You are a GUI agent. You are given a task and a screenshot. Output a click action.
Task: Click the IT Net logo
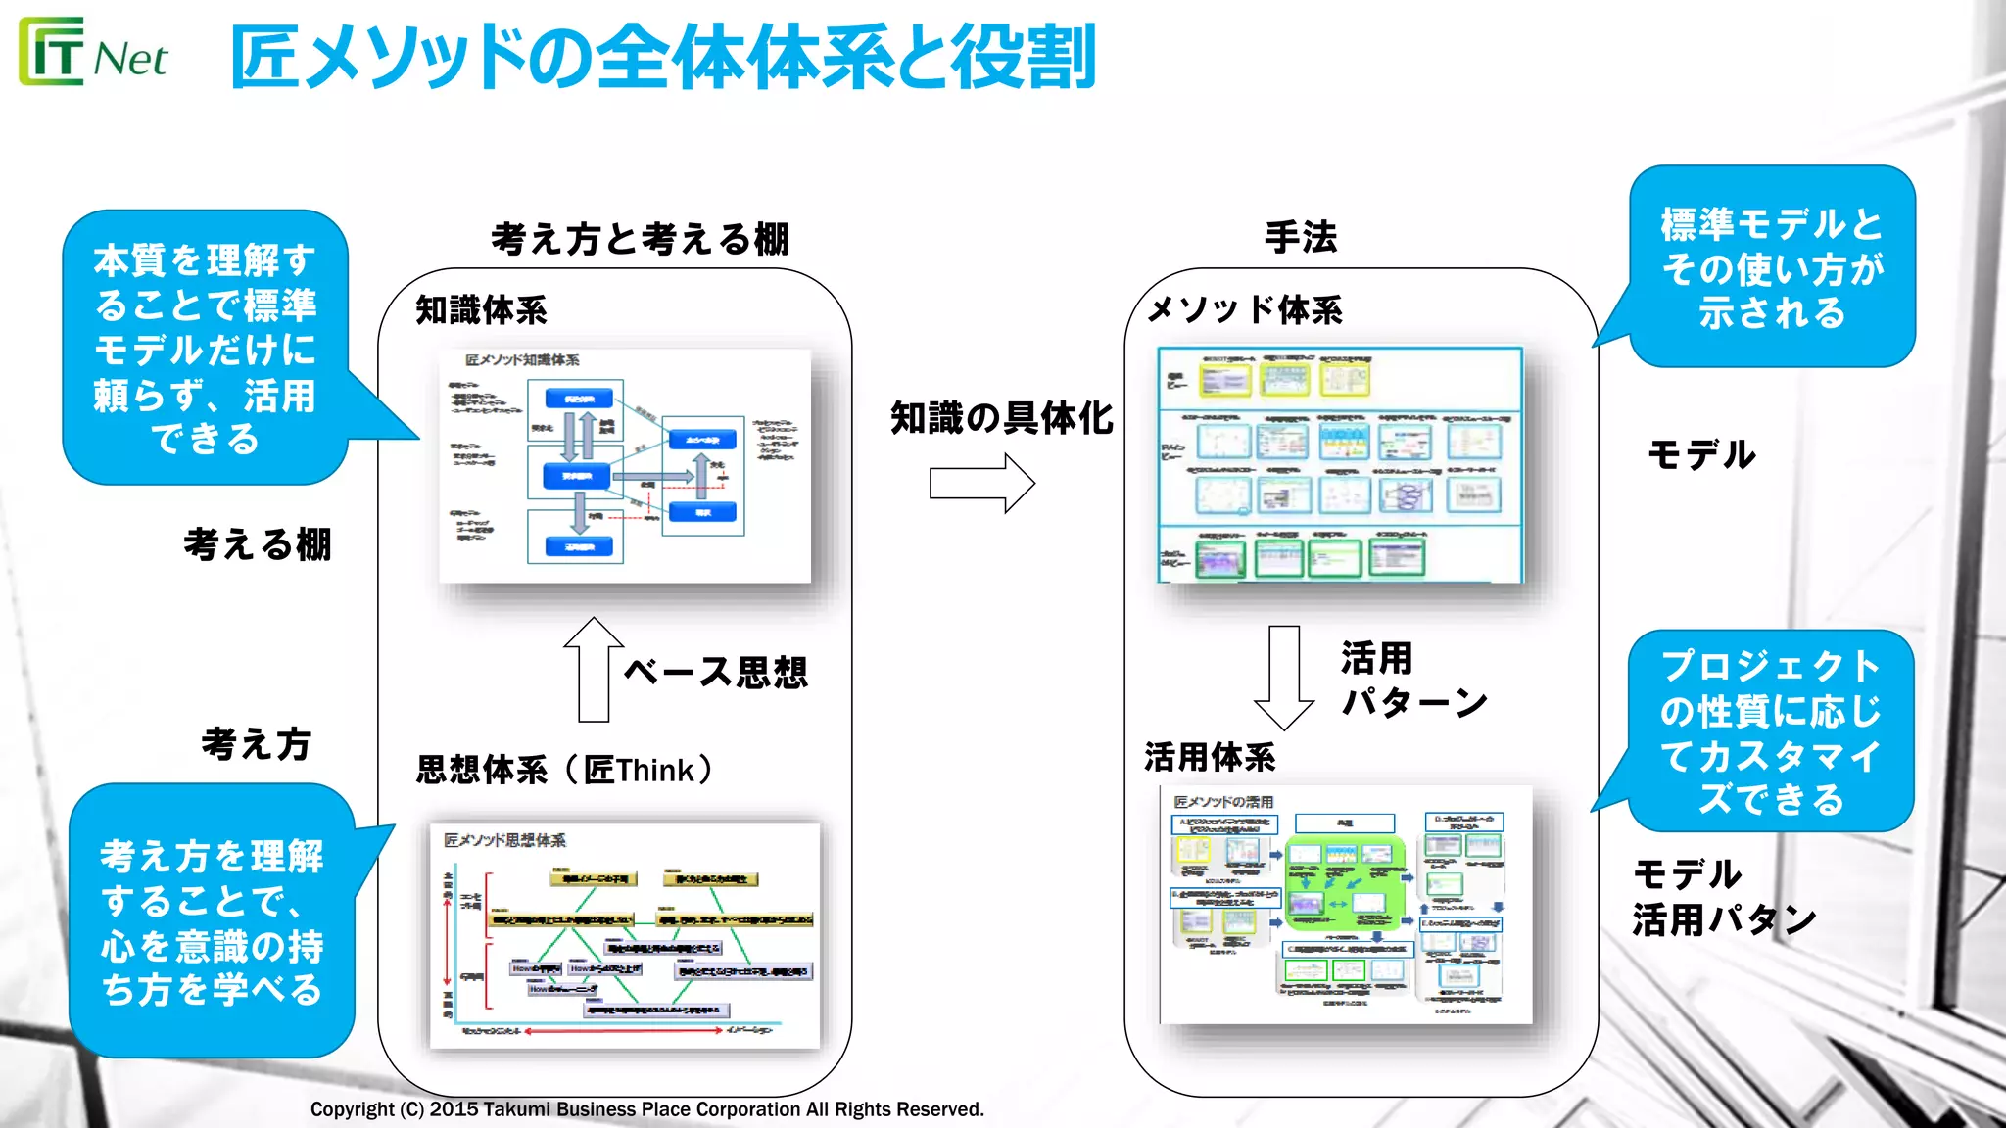93,54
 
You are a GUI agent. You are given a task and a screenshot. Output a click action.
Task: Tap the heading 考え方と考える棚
640,239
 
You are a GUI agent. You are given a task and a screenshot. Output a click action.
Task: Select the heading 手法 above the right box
1301,238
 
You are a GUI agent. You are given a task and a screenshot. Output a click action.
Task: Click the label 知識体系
481,310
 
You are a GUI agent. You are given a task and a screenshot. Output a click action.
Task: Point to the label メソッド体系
1244,310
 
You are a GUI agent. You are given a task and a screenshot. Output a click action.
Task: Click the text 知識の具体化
1001,418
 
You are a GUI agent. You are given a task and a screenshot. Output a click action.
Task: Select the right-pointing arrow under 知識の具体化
981,484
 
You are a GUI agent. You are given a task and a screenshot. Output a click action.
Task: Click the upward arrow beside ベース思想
594,670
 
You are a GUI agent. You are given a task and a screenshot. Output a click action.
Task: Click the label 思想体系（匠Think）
565,770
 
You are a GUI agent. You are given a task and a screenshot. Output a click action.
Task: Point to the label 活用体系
1210,757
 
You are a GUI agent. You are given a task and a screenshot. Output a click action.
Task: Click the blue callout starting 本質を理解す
206,348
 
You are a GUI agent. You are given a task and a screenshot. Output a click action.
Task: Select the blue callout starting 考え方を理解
212,920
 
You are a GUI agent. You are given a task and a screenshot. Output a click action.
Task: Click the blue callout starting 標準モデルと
1771,267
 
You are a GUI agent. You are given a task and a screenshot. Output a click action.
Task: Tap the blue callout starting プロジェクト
1770,731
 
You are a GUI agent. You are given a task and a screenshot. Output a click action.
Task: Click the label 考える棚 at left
258,544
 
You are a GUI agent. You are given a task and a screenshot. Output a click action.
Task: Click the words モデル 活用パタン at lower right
1722,897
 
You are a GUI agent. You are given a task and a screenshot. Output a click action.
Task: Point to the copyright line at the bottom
646,1109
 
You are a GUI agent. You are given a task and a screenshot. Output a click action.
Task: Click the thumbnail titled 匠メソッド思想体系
625,935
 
